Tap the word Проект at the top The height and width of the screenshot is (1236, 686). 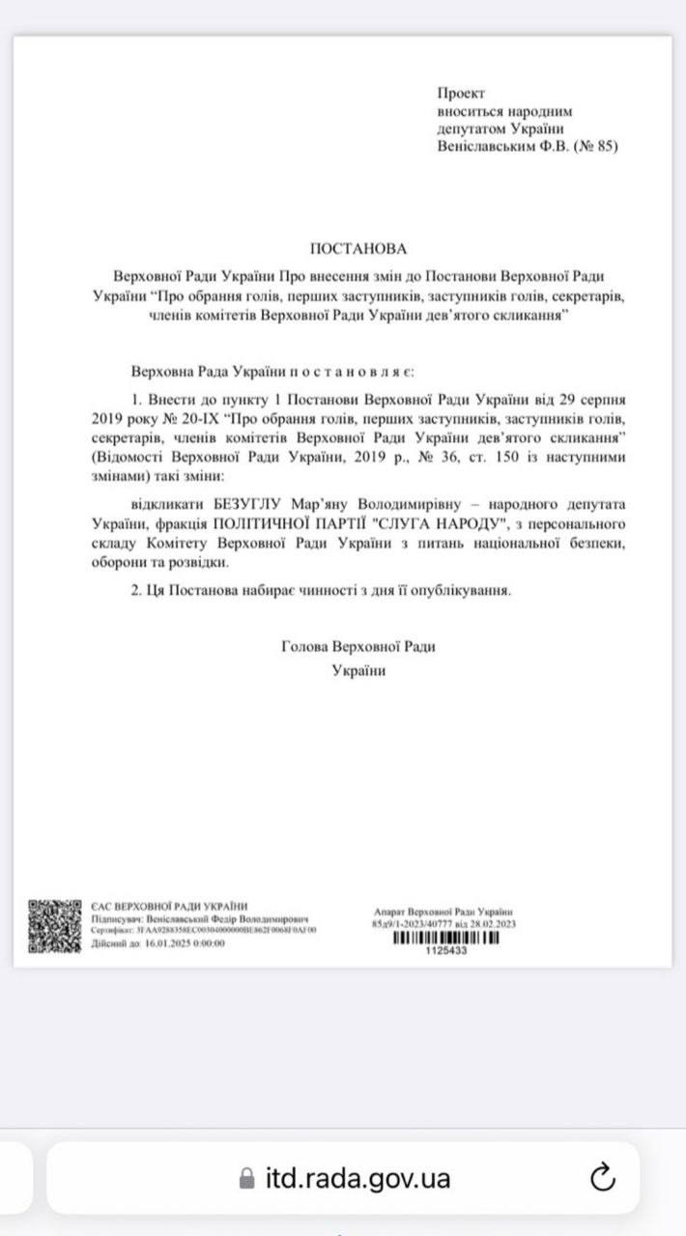[x=462, y=93]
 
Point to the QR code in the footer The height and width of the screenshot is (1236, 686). [x=54, y=926]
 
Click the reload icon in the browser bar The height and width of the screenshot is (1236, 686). [x=602, y=1177]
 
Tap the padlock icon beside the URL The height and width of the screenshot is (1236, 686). [x=247, y=1178]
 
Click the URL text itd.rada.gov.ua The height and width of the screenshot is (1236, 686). [x=357, y=1178]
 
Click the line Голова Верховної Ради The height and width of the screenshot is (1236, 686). [x=357, y=647]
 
